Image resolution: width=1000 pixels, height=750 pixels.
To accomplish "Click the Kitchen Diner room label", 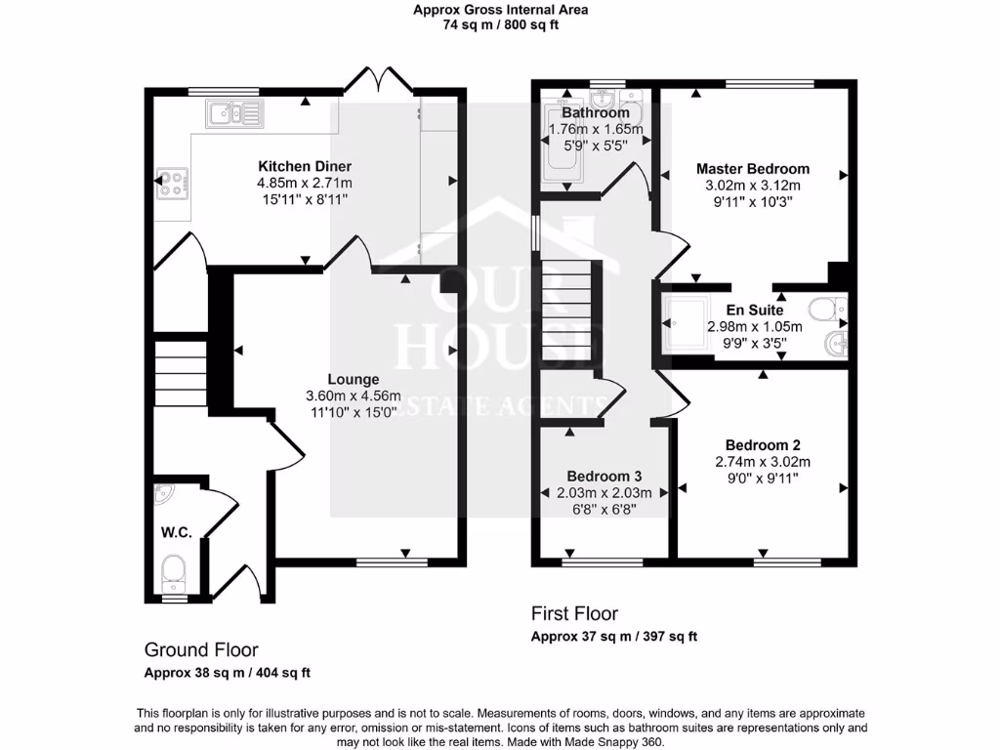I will click(304, 166).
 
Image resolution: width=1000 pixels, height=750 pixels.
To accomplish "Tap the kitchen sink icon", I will click(234, 114).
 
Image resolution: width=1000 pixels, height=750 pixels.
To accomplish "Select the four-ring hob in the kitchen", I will click(172, 184).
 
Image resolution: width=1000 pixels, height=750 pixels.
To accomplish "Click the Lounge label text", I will click(353, 379).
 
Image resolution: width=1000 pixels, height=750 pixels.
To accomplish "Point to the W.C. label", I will click(177, 532).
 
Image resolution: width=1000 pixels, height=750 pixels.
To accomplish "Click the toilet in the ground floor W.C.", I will click(175, 571).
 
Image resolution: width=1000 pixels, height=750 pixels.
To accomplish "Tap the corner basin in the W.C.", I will click(164, 494).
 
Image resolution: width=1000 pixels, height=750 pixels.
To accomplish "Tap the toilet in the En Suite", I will click(831, 309).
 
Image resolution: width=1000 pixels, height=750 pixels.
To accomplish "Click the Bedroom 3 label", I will click(604, 476).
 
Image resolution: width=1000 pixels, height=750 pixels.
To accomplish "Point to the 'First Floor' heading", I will click(574, 613).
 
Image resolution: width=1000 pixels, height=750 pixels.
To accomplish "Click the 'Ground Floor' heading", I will click(201, 649).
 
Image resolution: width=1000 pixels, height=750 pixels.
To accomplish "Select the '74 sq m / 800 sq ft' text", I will click(500, 25).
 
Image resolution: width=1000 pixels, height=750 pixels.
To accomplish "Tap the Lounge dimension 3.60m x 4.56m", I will click(353, 396).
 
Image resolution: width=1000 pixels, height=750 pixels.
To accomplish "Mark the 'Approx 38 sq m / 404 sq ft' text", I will click(228, 673).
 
